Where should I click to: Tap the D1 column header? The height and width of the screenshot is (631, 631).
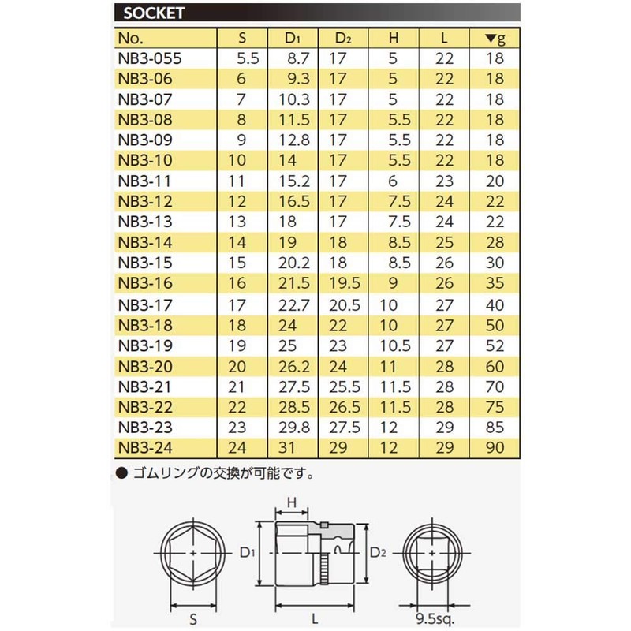tap(293, 37)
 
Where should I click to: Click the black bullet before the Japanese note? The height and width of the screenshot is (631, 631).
tap(121, 474)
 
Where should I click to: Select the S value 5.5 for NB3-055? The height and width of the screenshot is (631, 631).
tap(248, 58)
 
